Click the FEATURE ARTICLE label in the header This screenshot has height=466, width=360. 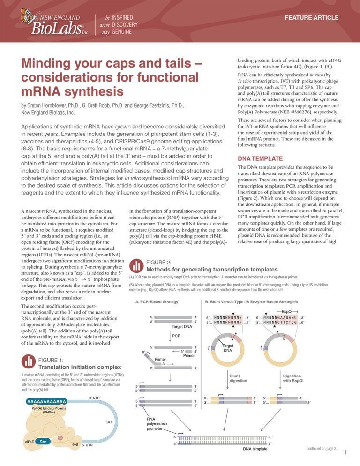point(314,18)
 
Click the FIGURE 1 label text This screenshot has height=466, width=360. point(54,360)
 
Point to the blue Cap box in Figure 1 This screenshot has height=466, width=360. point(42,441)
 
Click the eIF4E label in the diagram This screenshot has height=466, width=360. point(28,442)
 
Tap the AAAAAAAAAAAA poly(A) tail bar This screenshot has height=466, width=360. point(46,401)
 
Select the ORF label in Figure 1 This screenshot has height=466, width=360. point(110,422)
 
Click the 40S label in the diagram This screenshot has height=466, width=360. point(75,444)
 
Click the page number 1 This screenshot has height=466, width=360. point(345,453)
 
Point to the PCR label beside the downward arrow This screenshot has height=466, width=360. point(176,336)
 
